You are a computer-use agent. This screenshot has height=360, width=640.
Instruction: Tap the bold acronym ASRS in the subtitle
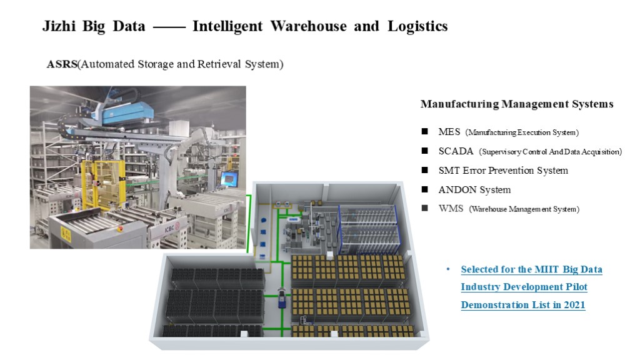click(62, 64)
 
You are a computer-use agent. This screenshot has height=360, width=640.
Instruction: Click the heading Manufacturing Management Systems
click(517, 104)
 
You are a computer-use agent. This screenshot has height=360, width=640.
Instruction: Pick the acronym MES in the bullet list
click(449, 132)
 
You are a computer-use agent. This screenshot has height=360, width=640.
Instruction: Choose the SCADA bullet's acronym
click(456, 151)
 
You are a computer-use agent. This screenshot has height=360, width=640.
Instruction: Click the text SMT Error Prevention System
click(503, 171)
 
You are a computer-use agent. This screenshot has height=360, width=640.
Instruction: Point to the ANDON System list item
click(474, 189)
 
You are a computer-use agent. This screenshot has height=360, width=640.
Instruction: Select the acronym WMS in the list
click(451, 209)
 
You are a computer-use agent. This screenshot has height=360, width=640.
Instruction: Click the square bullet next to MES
click(425, 132)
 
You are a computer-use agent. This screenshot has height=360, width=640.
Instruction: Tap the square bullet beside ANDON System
click(425, 189)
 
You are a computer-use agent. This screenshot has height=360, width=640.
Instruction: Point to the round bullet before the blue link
click(447, 269)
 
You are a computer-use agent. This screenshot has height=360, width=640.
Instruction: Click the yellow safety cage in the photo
click(104, 181)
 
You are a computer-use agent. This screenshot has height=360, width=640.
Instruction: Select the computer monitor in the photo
click(229, 179)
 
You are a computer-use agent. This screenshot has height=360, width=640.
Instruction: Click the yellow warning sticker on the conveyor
click(65, 232)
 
